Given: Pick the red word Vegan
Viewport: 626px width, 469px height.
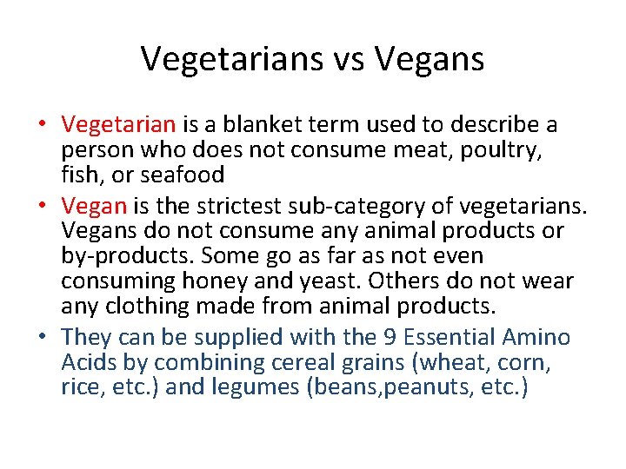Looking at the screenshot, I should click(x=96, y=207).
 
